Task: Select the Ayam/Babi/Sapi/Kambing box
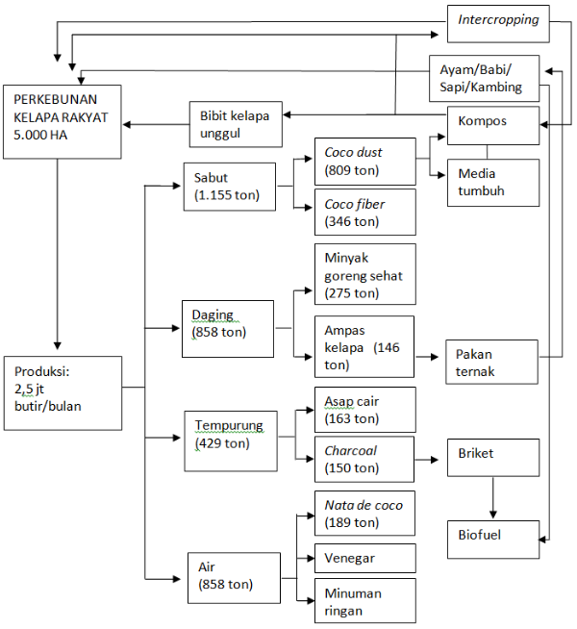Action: tap(484, 78)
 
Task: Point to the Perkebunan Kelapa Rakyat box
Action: tap(62, 121)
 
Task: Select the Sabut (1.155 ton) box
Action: tap(229, 186)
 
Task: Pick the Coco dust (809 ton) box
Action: tap(364, 162)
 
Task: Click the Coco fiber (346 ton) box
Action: tap(364, 213)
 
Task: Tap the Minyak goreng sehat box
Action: tap(364, 274)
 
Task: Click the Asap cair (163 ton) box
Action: tap(364, 410)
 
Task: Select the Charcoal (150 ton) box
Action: tap(364, 459)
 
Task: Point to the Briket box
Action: tap(492, 456)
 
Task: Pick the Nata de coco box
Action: tap(364, 514)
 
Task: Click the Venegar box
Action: tap(364, 559)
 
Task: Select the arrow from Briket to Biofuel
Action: tap(493, 498)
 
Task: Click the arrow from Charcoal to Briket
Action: tap(430, 460)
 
